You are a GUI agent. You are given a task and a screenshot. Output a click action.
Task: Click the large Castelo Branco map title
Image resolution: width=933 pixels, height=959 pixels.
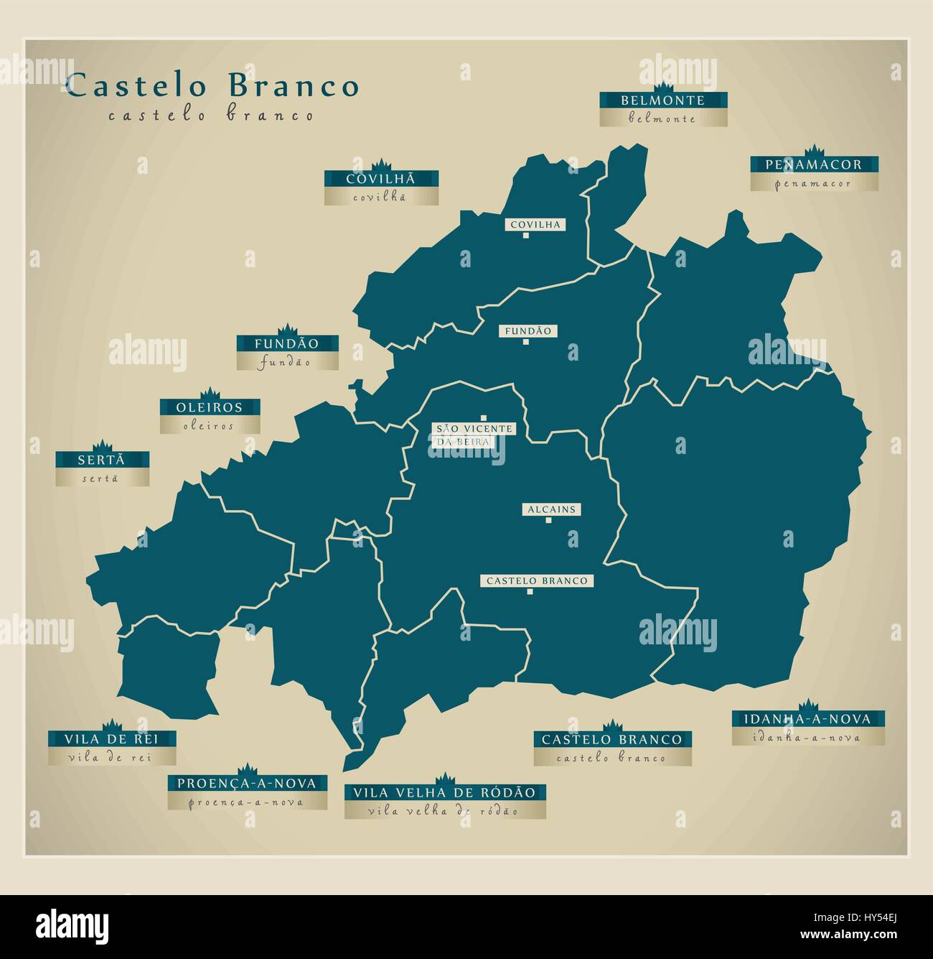coord(212,86)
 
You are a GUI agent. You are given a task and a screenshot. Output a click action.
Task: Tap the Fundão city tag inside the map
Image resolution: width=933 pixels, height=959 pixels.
coord(528,331)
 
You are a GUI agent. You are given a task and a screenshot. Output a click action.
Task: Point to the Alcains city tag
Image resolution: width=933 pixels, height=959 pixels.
coord(551,509)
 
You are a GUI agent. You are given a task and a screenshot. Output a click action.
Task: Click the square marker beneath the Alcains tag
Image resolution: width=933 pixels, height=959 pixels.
coord(548,521)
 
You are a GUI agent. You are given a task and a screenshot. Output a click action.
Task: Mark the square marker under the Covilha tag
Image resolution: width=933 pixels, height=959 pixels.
coord(526,236)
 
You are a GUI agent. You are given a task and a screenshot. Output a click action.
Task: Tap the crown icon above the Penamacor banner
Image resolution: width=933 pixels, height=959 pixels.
coord(814,151)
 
